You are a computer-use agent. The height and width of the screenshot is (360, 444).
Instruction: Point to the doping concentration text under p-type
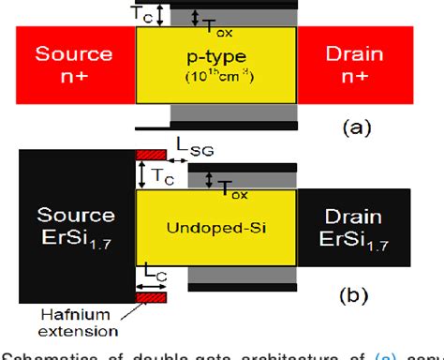[x=216, y=76]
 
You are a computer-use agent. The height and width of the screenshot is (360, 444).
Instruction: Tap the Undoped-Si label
[x=216, y=228]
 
